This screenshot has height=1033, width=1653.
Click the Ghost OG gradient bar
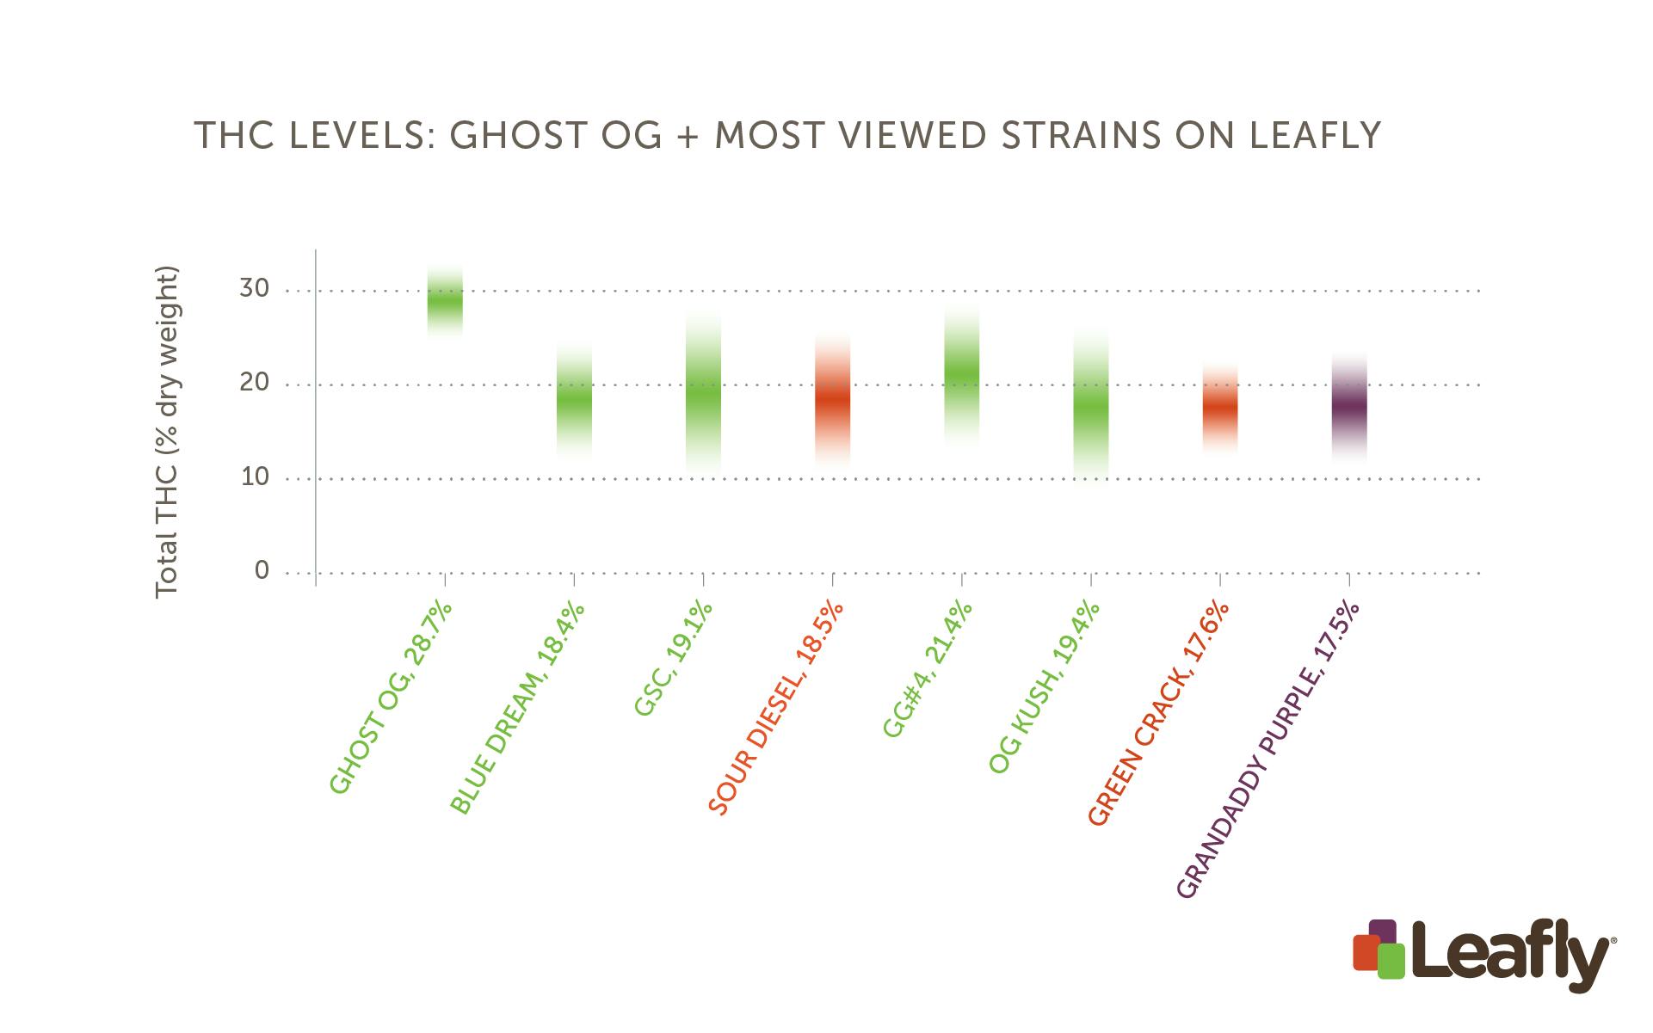(x=445, y=301)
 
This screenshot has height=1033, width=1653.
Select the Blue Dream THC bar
(x=574, y=399)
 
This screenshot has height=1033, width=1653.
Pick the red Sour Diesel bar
(x=832, y=401)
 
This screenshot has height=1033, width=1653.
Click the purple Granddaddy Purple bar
(x=1348, y=408)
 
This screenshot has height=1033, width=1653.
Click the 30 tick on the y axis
(x=255, y=289)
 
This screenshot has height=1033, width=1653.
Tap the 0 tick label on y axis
(x=262, y=571)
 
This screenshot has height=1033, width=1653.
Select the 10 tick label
(x=255, y=477)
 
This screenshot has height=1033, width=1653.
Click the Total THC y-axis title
(x=167, y=433)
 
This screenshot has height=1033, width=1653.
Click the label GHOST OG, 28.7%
(x=392, y=698)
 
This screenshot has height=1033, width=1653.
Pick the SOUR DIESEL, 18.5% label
(x=776, y=708)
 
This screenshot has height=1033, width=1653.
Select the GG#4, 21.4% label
(x=928, y=668)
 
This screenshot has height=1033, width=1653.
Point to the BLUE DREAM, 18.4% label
(x=518, y=708)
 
